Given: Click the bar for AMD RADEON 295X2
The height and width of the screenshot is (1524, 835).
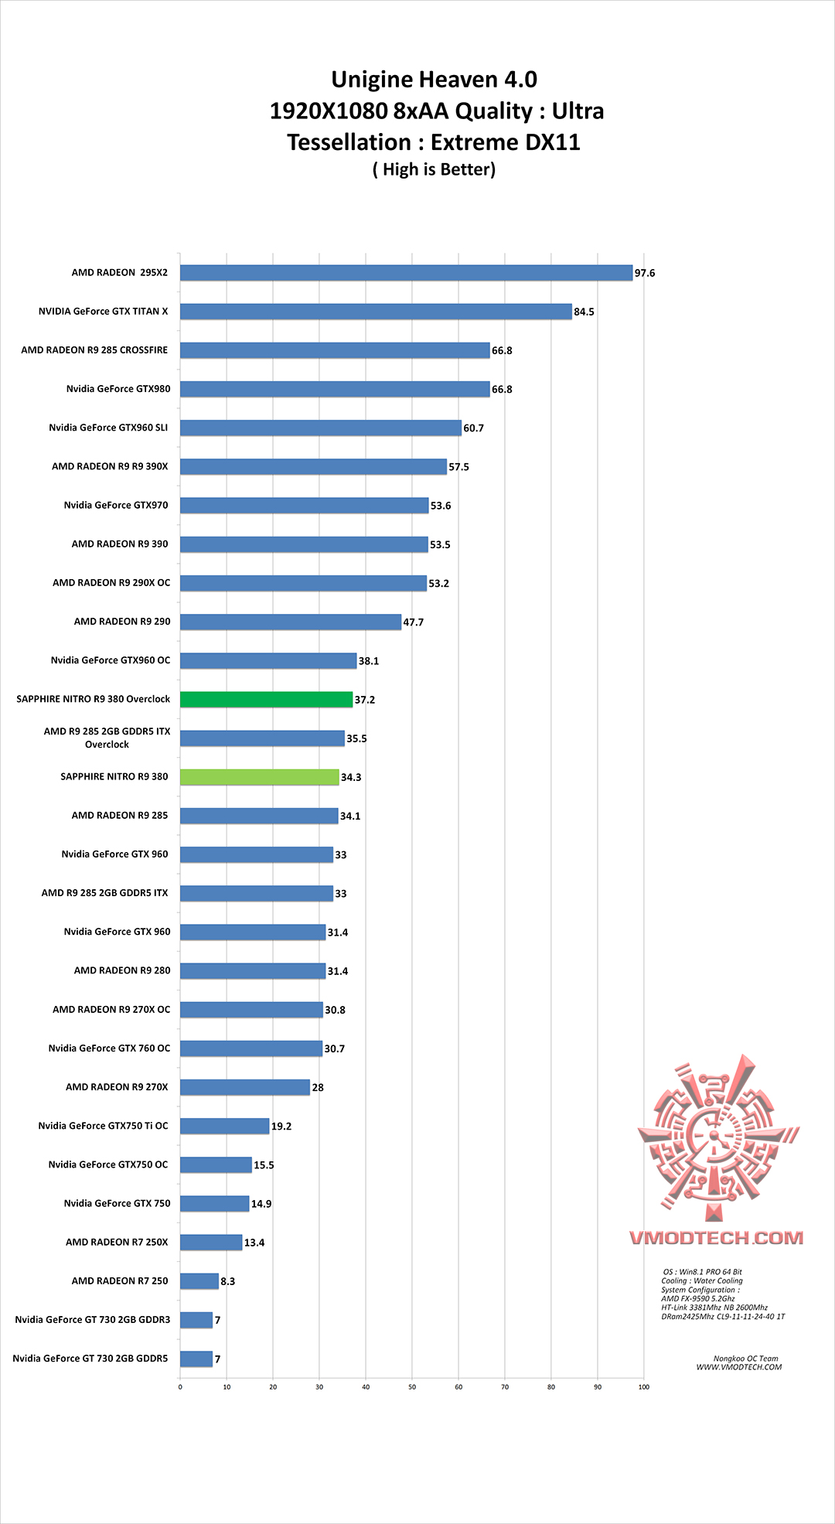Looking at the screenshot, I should [x=406, y=273].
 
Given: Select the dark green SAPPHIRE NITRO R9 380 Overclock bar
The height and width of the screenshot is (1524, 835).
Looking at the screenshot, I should [x=266, y=700].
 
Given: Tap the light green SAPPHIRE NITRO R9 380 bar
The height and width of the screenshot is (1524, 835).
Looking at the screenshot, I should [x=259, y=777].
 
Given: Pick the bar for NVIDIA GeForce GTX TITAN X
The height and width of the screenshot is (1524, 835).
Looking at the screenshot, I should [x=376, y=312].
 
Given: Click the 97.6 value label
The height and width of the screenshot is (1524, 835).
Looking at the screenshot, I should [x=645, y=273].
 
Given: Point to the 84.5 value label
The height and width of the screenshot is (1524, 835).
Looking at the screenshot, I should [x=584, y=312].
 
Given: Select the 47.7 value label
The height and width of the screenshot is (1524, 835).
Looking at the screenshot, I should [x=414, y=622].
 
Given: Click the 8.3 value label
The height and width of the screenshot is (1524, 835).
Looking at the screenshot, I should [x=228, y=1281].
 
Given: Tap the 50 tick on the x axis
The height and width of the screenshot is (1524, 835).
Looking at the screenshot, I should [x=412, y=1387].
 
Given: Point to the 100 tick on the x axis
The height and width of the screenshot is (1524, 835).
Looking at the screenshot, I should [x=644, y=1387].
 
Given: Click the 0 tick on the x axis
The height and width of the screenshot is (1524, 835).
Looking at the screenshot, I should [x=180, y=1387].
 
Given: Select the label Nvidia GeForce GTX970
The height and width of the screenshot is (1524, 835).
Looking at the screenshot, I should [x=116, y=506].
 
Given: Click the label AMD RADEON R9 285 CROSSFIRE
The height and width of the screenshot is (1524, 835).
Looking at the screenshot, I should [x=94, y=350].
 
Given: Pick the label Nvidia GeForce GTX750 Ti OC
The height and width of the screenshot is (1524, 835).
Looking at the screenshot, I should [x=103, y=1126].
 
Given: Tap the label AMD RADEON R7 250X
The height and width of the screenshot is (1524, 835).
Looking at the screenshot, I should [x=117, y=1243].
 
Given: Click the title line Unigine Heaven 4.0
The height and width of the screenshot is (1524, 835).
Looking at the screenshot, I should [x=434, y=80].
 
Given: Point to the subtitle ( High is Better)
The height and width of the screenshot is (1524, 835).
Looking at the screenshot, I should [x=434, y=169].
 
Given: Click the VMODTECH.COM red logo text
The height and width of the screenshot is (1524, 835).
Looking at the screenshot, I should [x=717, y=1238].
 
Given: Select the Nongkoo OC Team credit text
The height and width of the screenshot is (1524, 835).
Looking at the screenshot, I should [x=745, y=1359].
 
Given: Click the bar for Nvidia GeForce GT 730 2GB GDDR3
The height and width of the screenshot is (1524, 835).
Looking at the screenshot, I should [x=196, y=1320].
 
